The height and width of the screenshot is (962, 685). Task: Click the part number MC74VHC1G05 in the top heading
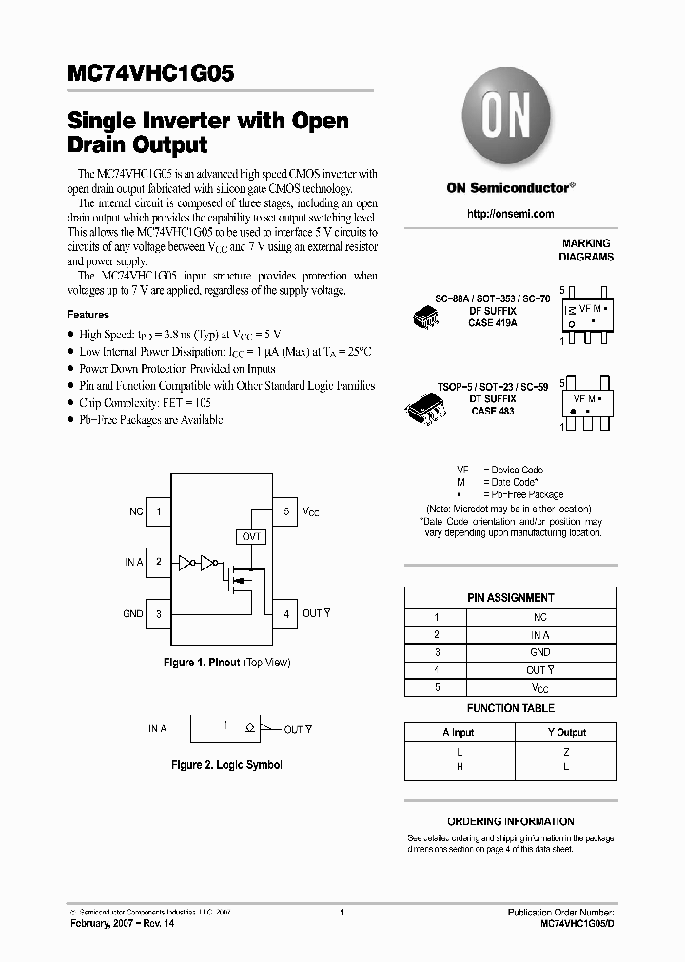[144, 73]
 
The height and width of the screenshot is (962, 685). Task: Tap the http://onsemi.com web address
[511, 214]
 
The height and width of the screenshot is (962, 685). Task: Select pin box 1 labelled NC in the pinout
[158, 511]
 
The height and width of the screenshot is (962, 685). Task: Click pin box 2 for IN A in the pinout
[158, 562]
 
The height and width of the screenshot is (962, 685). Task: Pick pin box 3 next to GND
[158, 613]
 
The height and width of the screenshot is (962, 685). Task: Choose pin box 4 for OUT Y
[285, 613]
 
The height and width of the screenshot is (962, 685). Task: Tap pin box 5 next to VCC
[285, 511]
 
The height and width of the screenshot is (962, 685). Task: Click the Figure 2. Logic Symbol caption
[226, 764]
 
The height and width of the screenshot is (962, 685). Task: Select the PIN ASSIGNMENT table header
[511, 598]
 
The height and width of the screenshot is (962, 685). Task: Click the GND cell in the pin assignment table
[539, 652]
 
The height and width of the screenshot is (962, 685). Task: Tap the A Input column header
[459, 732]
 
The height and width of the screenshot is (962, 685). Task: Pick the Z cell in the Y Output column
[566, 751]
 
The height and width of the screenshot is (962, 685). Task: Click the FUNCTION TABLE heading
[511, 708]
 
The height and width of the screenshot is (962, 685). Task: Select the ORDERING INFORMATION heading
[511, 821]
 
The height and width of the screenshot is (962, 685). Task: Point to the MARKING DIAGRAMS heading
[586, 250]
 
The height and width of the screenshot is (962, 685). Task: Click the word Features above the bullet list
[88, 315]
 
